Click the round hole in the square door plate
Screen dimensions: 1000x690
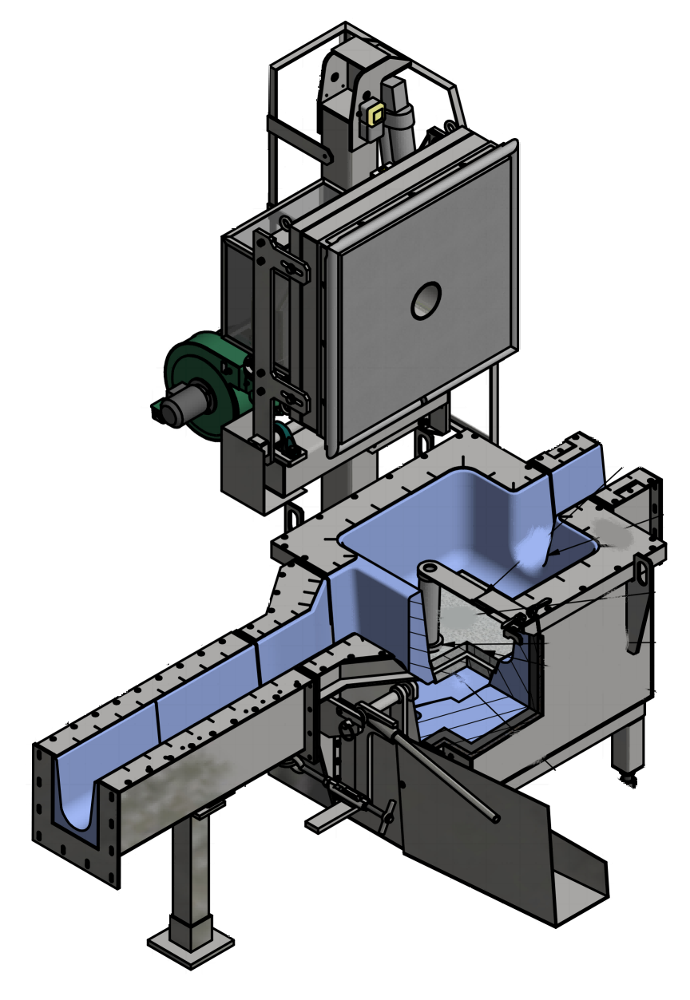426,299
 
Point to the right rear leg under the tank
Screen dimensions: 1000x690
627,746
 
